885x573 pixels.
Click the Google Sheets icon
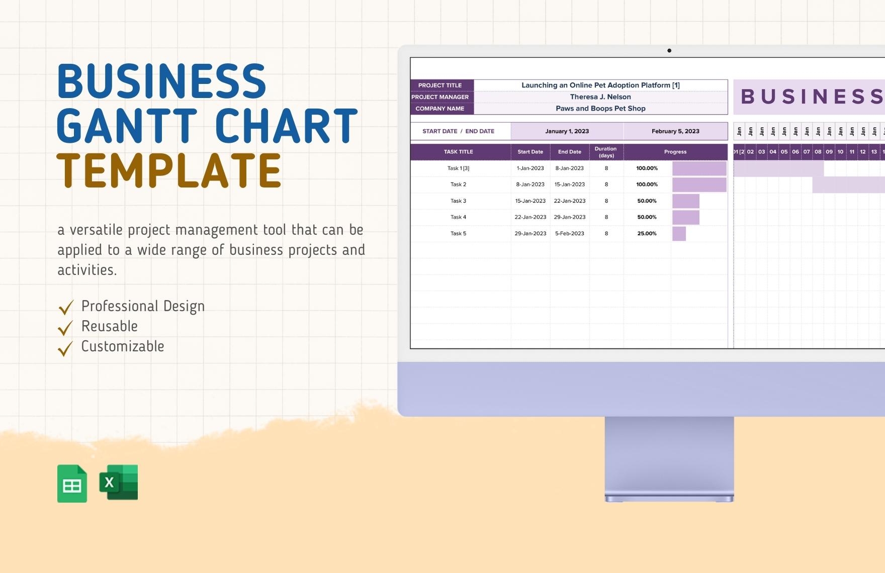[x=72, y=484]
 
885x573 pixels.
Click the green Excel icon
[x=119, y=483]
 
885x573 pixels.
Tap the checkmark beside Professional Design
[x=66, y=307]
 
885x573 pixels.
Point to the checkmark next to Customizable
[x=65, y=348]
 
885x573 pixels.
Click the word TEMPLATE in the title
[x=169, y=170]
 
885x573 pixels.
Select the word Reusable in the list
[x=110, y=326]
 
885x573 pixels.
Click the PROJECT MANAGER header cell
[x=440, y=97]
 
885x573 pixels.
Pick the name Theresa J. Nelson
[x=600, y=97]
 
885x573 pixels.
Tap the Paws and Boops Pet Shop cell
[x=600, y=109]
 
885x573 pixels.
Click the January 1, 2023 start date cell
[x=567, y=131]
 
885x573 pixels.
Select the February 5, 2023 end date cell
[x=675, y=131]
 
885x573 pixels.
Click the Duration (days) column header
[x=606, y=152]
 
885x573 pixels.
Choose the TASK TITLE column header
[x=458, y=152]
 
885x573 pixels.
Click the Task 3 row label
[x=458, y=201]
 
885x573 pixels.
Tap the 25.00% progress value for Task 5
[x=647, y=234]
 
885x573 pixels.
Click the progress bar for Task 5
[x=679, y=234]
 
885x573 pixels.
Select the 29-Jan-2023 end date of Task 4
[x=569, y=217]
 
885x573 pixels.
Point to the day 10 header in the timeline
[x=840, y=152]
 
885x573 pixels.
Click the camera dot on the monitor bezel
[x=669, y=50]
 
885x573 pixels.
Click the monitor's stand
[x=669, y=457]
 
